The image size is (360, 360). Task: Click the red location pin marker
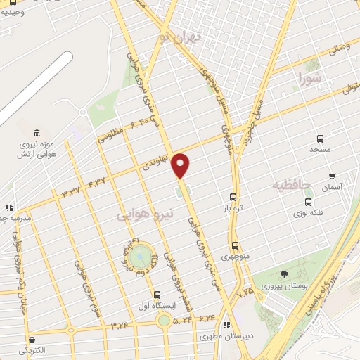182,165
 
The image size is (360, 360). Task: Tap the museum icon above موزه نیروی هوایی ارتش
36,134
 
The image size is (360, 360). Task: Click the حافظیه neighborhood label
291,184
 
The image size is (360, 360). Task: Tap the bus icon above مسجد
321,139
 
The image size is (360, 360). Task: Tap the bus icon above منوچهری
235,245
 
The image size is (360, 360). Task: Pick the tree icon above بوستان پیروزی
284,274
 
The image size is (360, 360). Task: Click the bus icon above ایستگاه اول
157,295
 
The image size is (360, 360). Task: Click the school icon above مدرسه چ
9,207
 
